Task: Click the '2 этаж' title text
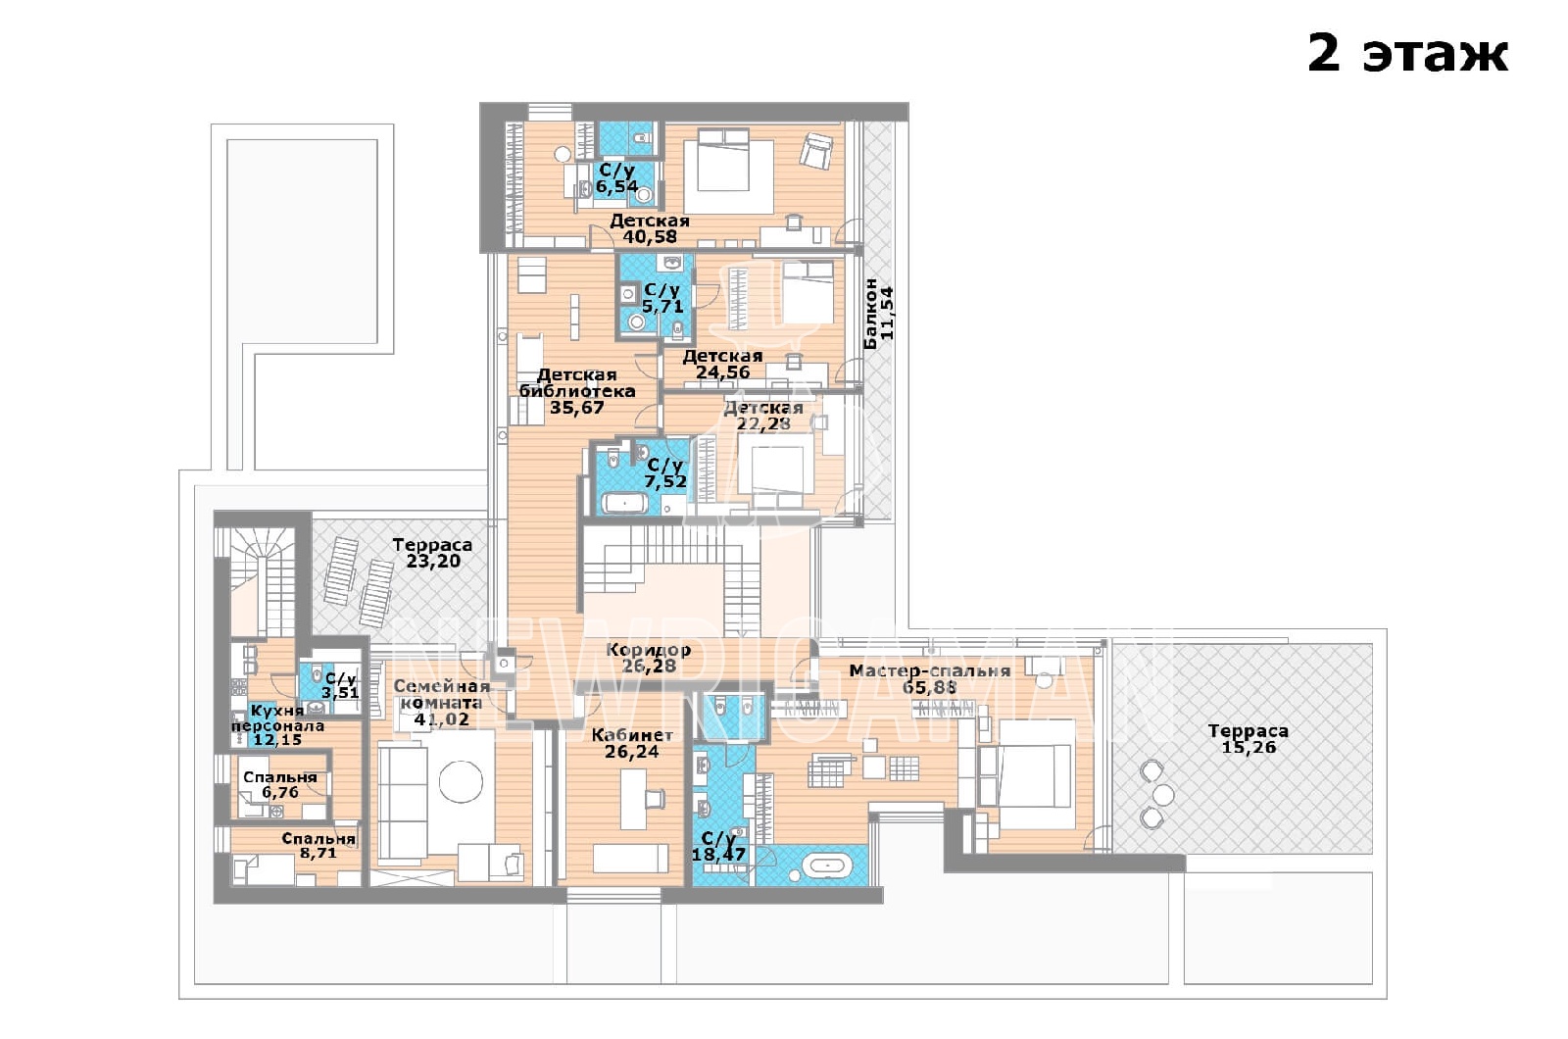click(1407, 53)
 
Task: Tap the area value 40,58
click(650, 236)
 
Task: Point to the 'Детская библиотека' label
click(577, 383)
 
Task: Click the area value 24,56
click(722, 371)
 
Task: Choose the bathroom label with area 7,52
click(665, 473)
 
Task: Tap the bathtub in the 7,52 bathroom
click(624, 503)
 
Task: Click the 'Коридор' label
click(648, 650)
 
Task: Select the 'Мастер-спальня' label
click(930, 670)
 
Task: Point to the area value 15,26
click(1249, 747)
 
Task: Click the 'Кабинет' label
click(632, 735)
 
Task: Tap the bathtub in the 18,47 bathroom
click(827, 866)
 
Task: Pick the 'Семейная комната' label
click(441, 694)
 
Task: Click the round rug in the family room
click(461, 780)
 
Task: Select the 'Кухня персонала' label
click(278, 717)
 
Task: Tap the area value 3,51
click(340, 693)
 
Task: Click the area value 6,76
click(280, 793)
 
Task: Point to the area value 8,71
click(318, 854)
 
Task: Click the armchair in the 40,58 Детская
click(816, 149)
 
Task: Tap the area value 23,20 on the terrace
click(433, 561)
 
